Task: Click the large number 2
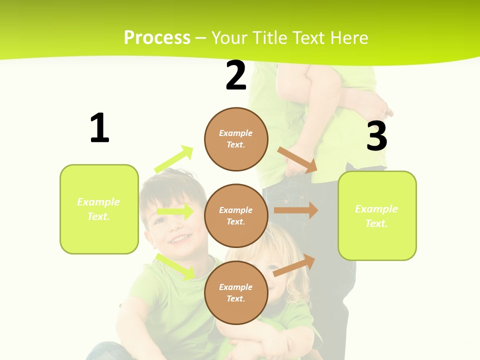coord(236,75)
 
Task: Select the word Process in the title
coord(157,37)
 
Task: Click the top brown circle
coord(236,139)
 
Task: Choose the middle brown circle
coord(236,215)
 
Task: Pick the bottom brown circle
coord(236,292)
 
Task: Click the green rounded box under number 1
coord(99,209)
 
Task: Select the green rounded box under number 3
coord(377,215)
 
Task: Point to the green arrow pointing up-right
coord(173,159)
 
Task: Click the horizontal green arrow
coord(175,211)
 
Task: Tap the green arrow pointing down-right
coord(175,266)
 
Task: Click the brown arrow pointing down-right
coord(297,160)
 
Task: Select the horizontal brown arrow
coord(296,210)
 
